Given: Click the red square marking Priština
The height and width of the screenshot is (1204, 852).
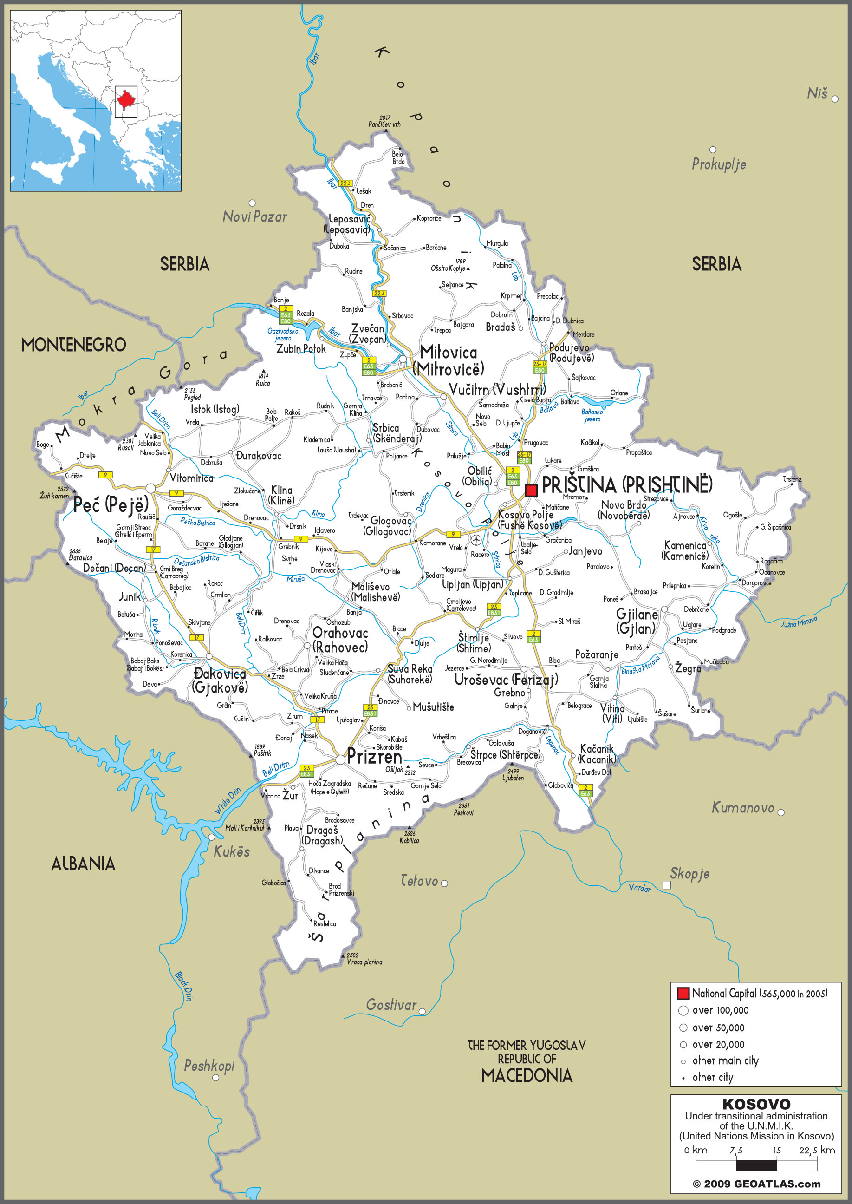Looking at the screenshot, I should click(531, 490).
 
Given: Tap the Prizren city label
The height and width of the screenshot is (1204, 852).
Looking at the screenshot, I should click(374, 756).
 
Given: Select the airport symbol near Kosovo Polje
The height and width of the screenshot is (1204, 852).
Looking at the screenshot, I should click(476, 540).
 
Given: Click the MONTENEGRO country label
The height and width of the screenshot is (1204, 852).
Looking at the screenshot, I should click(73, 345).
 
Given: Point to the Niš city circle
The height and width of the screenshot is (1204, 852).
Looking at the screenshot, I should click(835, 98).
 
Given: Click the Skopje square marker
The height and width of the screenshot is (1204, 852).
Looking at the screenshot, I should click(666, 885).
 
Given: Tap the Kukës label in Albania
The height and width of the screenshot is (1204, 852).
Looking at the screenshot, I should click(231, 851).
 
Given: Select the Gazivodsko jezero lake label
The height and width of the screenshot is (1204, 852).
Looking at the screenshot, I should click(283, 334).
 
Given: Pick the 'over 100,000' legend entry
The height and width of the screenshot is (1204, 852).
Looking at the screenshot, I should click(720, 1010).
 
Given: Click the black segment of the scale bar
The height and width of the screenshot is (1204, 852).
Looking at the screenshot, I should click(756, 1166).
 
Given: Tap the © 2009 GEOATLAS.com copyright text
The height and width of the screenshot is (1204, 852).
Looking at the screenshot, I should click(756, 1184).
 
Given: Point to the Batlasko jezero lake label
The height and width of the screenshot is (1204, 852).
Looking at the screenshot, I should click(592, 415).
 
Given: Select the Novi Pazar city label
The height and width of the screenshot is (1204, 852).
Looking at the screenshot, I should click(255, 217).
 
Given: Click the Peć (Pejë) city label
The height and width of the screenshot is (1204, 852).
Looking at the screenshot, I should click(111, 505).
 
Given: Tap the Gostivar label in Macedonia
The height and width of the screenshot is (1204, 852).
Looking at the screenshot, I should click(391, 1005).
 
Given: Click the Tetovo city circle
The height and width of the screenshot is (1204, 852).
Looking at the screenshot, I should click(444, 883).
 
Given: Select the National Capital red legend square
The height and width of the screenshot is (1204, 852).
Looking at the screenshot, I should click(683, 993).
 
